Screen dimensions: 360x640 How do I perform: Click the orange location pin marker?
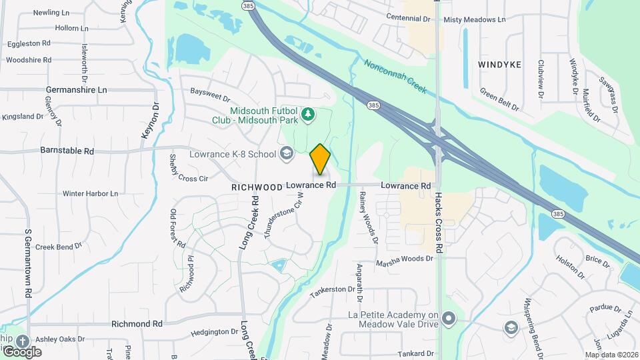320,159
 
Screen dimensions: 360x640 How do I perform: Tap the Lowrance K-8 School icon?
287,155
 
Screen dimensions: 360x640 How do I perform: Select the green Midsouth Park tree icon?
307,116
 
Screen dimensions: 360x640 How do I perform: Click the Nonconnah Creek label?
395,78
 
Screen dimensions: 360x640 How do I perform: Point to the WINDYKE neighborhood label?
499,65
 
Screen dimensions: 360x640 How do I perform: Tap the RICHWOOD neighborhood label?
257,187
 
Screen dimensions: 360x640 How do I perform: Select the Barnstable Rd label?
67,151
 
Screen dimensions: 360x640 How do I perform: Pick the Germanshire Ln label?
76,89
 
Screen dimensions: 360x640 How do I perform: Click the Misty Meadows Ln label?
474,21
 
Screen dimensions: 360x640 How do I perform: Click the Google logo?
21,351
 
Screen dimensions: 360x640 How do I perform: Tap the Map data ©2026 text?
610,354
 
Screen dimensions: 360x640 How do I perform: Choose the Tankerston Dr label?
333,289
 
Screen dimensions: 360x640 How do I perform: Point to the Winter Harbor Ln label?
90,193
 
